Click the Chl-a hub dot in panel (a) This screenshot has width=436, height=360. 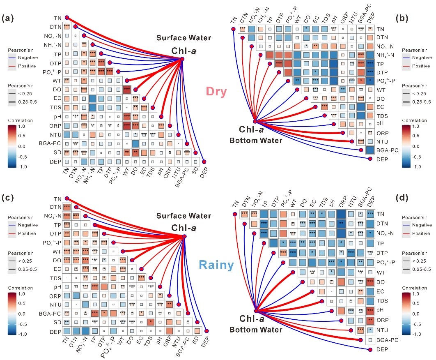(x=182, y=59)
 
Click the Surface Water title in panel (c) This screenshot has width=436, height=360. (x=184, y=216)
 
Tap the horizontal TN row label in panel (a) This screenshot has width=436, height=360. (x=57, y=18)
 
